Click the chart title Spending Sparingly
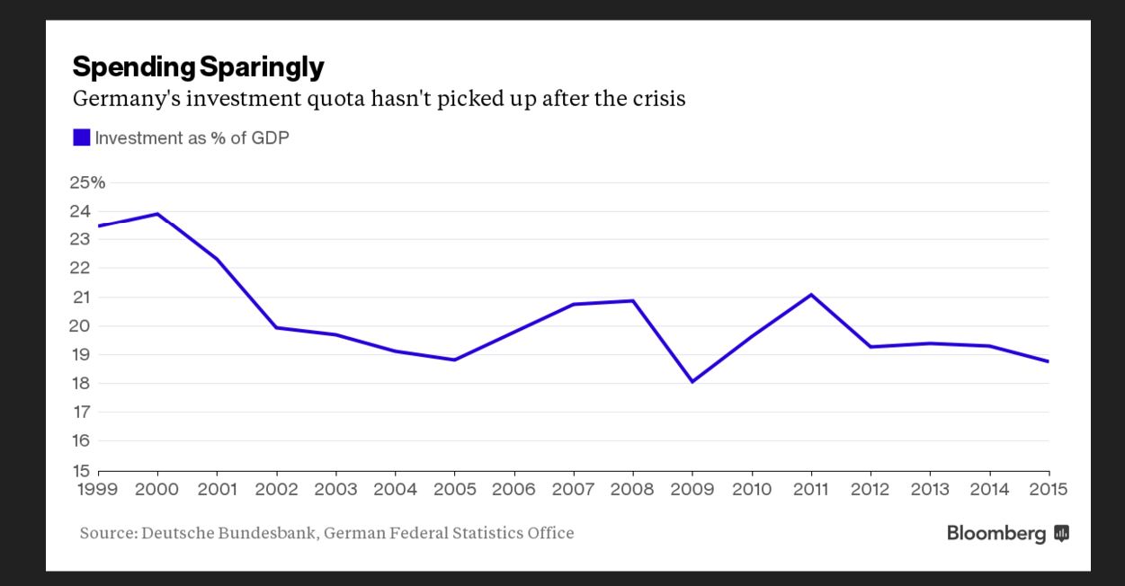click(x=198, y=67)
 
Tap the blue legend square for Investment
click(x=82, y=138)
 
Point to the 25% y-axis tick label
click(x=87, y=182)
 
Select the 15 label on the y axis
click(x=80, y=470)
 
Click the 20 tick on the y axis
click(x=81, y=325)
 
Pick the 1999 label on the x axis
click(x=98, y=489)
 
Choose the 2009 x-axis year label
click(x=692, y=489)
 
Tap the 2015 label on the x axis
click(x=1049, y=489)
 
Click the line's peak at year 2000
click(x=158, y=214)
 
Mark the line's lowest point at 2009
click(x=692, y=382)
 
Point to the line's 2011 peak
click(x=811, y=295)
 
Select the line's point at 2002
click(x=276, y=327)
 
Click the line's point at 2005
click(x=454, y=360)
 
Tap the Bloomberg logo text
click(x=996, y=534)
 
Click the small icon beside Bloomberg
click(x=1062, y=534)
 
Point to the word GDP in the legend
click(x=271, y=138)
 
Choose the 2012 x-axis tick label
click(x=871, y=489)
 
